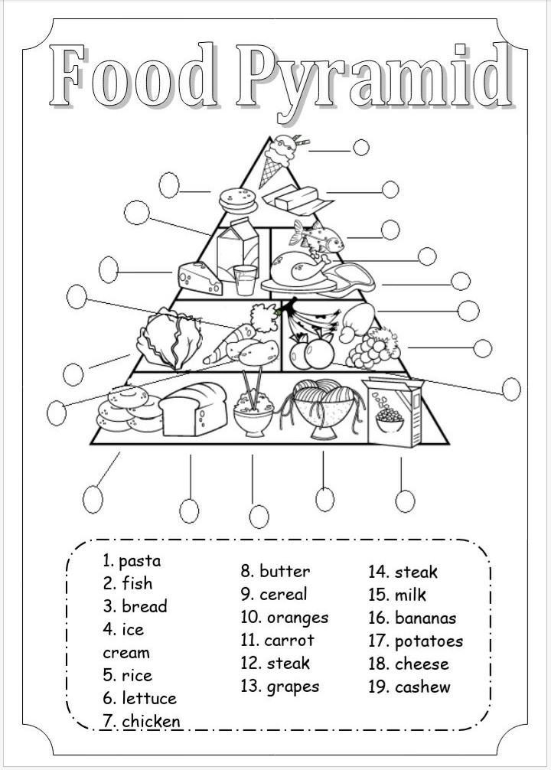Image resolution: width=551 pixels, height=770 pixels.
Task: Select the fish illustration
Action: click(320, 238)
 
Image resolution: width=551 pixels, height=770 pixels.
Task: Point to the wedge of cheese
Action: click(199, 277)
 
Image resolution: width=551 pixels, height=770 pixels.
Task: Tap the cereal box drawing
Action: click(391, 412)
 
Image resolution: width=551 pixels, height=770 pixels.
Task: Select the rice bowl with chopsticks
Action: click(253, 409)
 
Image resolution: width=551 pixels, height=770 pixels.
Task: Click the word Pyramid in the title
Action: click(373, 77)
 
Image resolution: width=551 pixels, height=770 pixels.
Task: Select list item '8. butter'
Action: click(275, 571)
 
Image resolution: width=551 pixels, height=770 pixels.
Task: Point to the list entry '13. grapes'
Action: click(280, 686)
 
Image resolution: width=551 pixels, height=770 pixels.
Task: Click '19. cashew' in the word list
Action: click(409, 687)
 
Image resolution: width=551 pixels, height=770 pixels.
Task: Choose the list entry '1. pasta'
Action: click(132, 560)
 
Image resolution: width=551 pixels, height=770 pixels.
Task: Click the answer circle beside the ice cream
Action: click(361, 147)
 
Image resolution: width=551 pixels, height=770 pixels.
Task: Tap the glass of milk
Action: click(245, 280)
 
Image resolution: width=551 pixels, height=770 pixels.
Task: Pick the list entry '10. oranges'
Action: click(284, 617)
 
